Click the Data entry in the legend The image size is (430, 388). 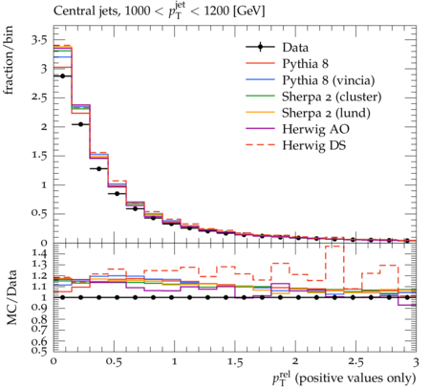point(295,48)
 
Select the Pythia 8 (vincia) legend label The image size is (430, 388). point(329,80)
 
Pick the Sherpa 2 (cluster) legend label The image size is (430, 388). point(332,97)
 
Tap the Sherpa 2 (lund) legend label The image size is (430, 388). point(326,113)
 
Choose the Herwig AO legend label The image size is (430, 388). point(315,129)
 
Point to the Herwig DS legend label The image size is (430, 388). point(314,145)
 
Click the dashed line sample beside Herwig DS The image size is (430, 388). point(260,145)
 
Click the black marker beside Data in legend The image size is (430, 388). point(260,47)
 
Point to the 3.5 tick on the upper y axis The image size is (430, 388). point(39,41)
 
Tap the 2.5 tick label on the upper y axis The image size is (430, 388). point(39,97)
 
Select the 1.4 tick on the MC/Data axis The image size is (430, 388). point(39,253)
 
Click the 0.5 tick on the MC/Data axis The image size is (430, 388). point(39,351)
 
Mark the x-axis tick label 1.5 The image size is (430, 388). point(235,362)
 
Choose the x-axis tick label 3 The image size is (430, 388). point(416,362)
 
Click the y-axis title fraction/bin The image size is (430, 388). point(9,60)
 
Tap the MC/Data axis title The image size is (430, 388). point(11,297)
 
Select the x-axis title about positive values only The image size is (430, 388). point(344,378)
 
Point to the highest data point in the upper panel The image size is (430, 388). point(63,76)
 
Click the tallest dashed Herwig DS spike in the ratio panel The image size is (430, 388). point(334,246)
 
